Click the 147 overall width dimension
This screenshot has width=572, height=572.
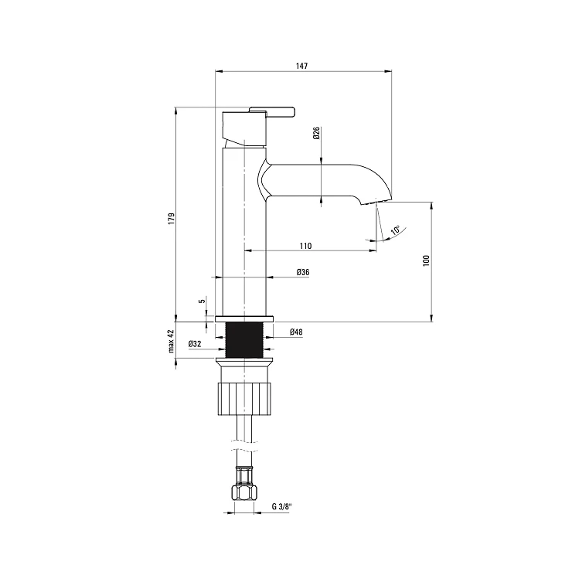pos(301,66)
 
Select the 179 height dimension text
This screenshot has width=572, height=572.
pos(172,219)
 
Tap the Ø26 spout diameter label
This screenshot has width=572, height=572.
pos(316,133)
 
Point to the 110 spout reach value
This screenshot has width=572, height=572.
pos(305,246)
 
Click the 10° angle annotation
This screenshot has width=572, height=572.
pos(396,230)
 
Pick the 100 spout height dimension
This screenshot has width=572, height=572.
pos(427,260)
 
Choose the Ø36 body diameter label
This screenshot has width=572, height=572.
pos(303,272)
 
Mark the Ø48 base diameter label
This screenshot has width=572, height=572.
pos(296,332)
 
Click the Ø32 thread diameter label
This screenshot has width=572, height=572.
pos(195,344)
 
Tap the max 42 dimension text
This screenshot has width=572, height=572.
pos(172,341)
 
